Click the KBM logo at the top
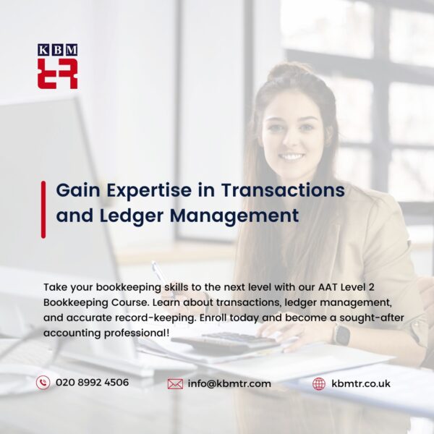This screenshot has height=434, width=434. click(57, 67)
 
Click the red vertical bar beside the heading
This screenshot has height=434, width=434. click(43, 209)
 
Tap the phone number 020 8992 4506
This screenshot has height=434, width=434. click(92, 383)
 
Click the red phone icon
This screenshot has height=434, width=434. click(43, 383)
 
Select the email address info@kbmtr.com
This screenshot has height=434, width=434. click(229, 383)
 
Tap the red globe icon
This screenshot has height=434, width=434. click(319, 383)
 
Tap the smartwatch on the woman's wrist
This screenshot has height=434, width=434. click(341, 333)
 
